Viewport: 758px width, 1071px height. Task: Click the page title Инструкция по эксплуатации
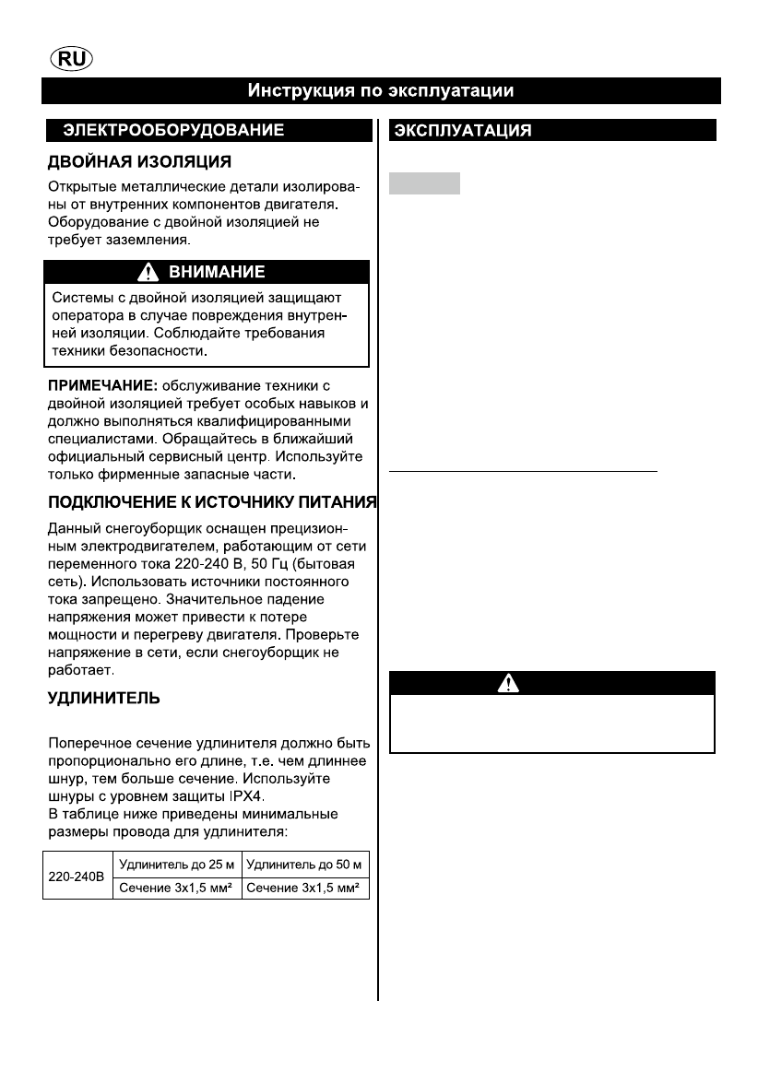click(379, 91)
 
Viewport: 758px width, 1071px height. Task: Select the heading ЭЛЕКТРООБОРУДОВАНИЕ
click(172, 131)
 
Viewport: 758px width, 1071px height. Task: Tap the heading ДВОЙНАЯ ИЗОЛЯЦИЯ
click(139, 162)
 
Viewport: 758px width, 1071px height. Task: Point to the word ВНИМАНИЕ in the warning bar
click(217, 272)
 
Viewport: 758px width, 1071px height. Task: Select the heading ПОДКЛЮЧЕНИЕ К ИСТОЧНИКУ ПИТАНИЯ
click(212, 502)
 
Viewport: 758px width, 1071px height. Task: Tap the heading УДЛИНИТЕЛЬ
click(104, 699)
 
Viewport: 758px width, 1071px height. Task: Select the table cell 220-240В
click(77, 877)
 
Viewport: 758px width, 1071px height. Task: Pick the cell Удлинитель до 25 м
click(176, 865)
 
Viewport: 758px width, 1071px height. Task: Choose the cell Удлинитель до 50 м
click(305, 865)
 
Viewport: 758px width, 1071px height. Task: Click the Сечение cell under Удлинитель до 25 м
click(176, 889)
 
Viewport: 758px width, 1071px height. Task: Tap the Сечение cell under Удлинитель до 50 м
click(305, 889)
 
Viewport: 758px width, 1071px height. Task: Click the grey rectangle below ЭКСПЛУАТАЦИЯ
click(424, 182)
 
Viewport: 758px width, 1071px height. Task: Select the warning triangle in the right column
click(507, 683)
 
